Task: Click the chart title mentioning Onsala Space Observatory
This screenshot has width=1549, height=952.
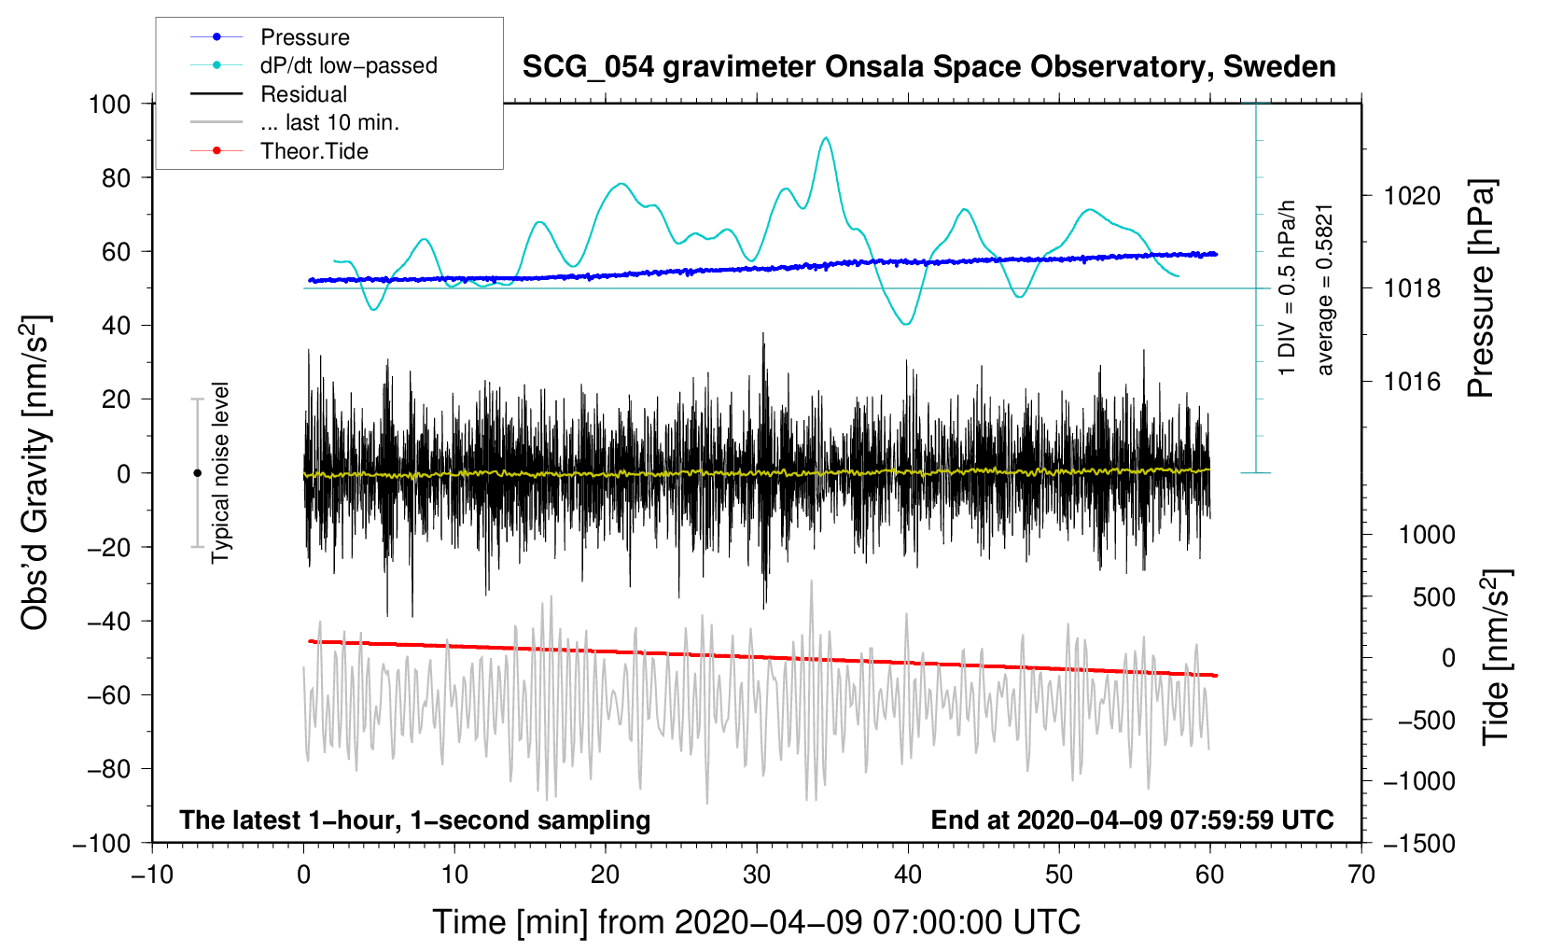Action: click(x=928, y=67)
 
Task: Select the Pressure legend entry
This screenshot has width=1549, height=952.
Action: click(x=304, y=37)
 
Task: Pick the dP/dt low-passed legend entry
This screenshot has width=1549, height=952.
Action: click(x=348, y=65)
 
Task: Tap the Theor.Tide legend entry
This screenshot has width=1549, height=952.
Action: click(x=314, y=151)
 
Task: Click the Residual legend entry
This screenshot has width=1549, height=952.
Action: click(x=303, y=94)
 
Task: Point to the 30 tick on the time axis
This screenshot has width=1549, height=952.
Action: click(x=757, y=875)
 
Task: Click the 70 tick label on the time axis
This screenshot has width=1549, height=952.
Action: click(x=1361, y=875)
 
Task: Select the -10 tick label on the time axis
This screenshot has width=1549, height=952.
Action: click(x=152, y=875)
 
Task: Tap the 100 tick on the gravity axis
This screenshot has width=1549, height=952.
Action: click(x=109, y=104)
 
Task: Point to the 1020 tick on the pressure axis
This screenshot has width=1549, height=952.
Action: click(x=1412, y=196)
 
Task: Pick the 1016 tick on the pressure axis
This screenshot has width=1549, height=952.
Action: click(x=1412, y=381)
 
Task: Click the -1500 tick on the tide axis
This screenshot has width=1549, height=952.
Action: click(x=1418, y=843)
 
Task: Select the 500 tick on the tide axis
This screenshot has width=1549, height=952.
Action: click(x=1433, y=597)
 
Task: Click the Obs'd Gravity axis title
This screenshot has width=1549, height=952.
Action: click(x=35, y=473)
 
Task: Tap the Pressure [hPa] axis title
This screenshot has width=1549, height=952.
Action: click(x=1481, y=288)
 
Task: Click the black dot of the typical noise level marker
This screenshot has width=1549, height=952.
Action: click(x=197, y=473)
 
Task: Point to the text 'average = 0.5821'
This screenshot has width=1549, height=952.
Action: click(x=1325, y=289)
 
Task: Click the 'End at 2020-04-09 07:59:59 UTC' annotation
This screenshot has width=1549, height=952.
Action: click(x=1132, y=819)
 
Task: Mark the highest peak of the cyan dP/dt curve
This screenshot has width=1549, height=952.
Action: click(x=826, y=138)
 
